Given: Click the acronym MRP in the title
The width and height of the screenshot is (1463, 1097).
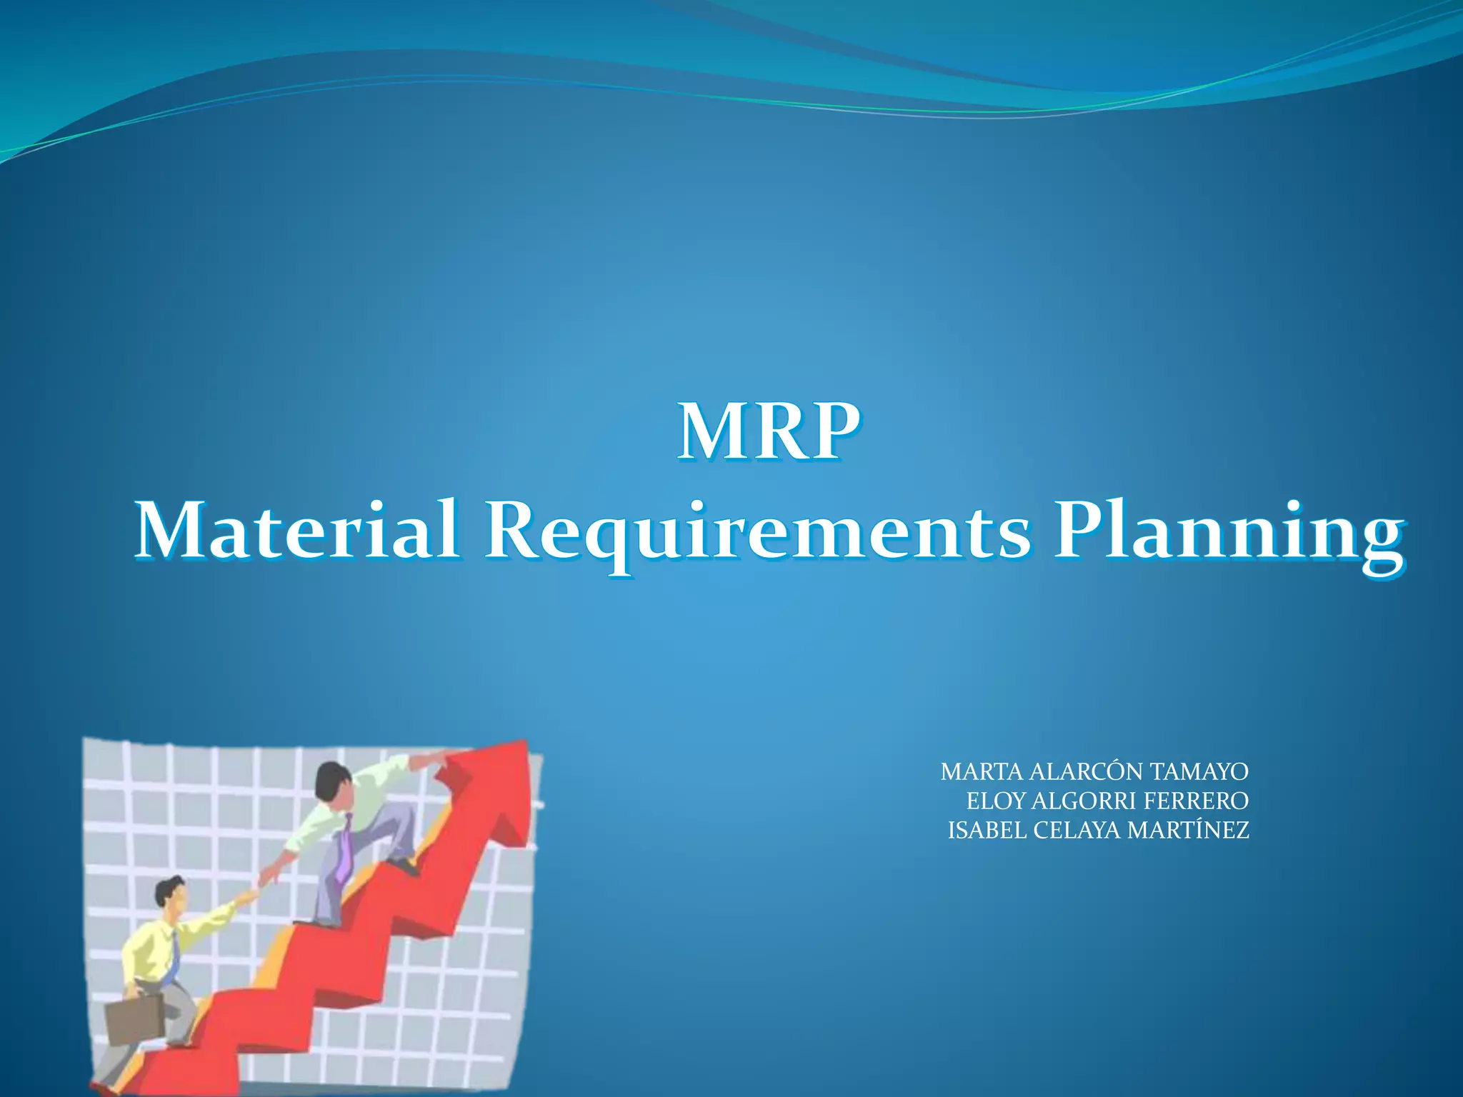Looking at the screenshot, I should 769,433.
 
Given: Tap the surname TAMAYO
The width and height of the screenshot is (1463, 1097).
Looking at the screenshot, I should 1200,772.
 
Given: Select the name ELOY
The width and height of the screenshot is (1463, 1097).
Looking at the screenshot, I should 996,801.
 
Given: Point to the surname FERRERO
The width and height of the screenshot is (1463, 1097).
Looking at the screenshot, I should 1196,801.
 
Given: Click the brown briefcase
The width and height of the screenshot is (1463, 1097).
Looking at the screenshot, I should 136,1021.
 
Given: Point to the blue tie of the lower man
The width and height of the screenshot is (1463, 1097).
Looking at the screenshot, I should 172,958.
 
